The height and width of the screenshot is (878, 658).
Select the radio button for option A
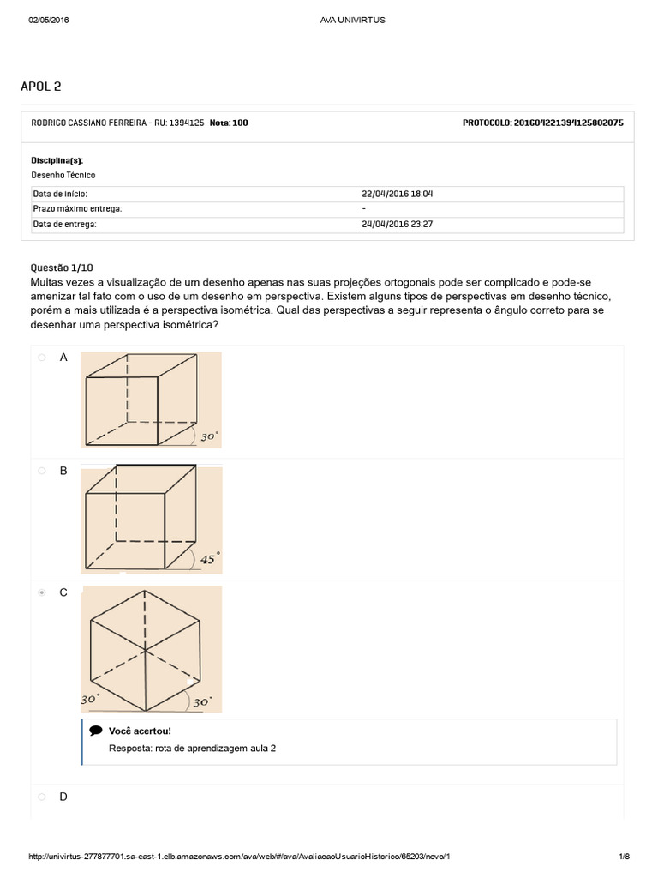(x=40, y=358)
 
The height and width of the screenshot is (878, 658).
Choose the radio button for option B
(x=40, y=471)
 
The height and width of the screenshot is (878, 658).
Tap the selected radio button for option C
(x=40, y=592)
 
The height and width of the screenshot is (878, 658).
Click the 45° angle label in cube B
(x=209, y=558)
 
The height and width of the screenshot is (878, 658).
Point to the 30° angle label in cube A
(x=209, y=436)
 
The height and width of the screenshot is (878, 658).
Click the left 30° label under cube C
(x=91, y=699)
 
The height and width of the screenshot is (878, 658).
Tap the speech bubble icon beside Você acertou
(x=96, y=731)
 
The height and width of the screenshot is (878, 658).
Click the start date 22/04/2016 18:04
(x=397, y=194)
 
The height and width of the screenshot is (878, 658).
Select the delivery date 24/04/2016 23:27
(x=397, y=224)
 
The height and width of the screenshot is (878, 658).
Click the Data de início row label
(x=60, y=194)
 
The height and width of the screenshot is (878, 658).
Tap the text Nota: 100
(x=229, y=123)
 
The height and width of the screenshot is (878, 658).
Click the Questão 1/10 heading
(x=59, y=268)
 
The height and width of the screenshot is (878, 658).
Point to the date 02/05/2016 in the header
(x=49, y=21)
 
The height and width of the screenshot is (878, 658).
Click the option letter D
(x=63, y=797)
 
